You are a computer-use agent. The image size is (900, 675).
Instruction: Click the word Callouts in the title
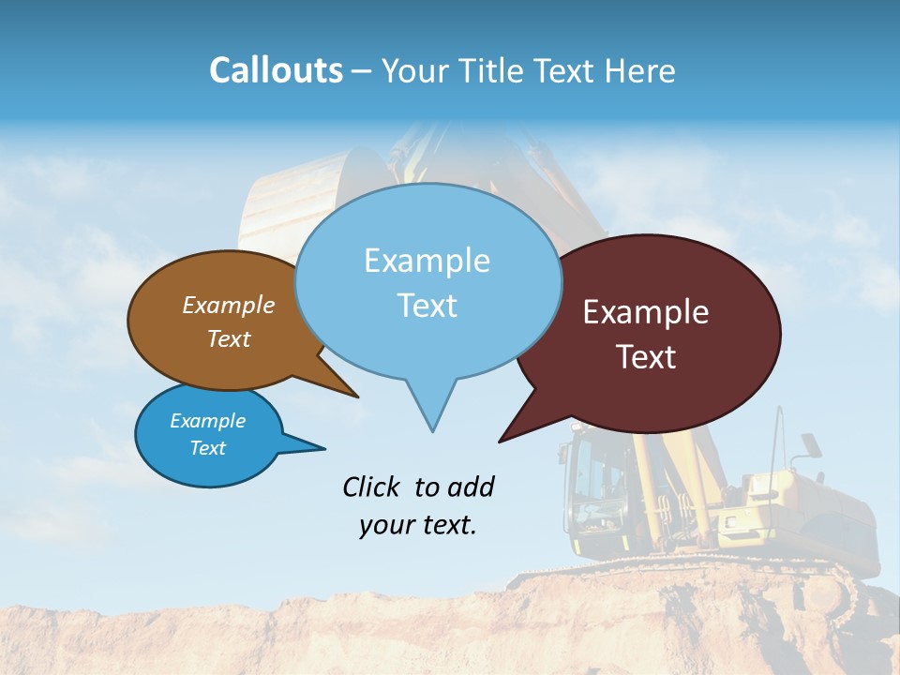pos(276,70)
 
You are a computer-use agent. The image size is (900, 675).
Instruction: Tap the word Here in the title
pos(641,71)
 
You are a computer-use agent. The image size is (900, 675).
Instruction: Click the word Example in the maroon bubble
pos(646,312)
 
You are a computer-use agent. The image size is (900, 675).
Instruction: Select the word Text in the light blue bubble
pos(427,306)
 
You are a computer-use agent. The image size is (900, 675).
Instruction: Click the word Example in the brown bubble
pos(229,305)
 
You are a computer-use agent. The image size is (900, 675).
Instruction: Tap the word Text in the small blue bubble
pos(208,448)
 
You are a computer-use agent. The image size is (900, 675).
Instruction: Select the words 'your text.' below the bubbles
pos(418,525)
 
